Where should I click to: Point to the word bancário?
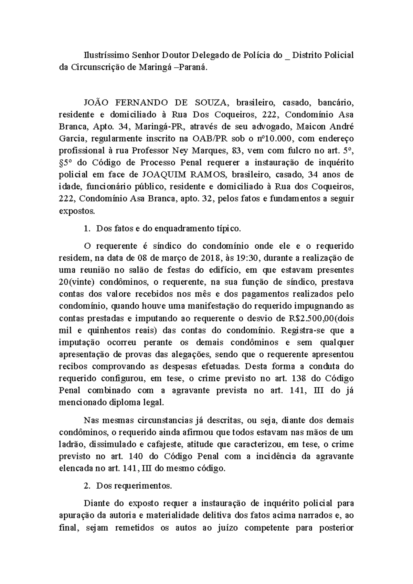(336, 102)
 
